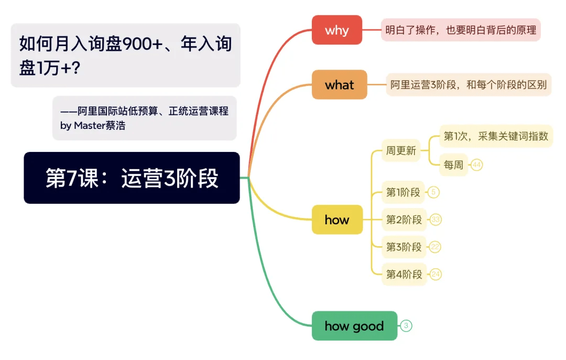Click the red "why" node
click(x=337, y=30)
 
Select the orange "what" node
click(x=339, y=84)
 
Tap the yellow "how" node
click(x=337, y=220)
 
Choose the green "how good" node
click(x=354, y=326)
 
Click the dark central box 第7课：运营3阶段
click(x=132, y=178)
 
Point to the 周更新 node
click(x=401, y=150)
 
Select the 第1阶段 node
click(x=403, y=192)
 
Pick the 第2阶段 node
click(x=404, y=220)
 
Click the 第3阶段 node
click(x=404, y=247)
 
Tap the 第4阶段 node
click(x=404, y=275)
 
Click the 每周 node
click(x=453, y=165)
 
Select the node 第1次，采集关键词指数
click(x=496, y=136)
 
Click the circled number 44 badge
click(x=477, y=165)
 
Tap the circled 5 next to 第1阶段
click(x=433, y=192)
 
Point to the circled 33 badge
click(x=436, y=220)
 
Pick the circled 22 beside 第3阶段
click(x=436, y=247)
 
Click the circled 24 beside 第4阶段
click(x=436, y=275)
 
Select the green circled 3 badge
click(x=406, y=326)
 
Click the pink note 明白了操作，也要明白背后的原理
click(x=461, y=30)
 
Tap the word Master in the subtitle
click(x=90, y=126)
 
